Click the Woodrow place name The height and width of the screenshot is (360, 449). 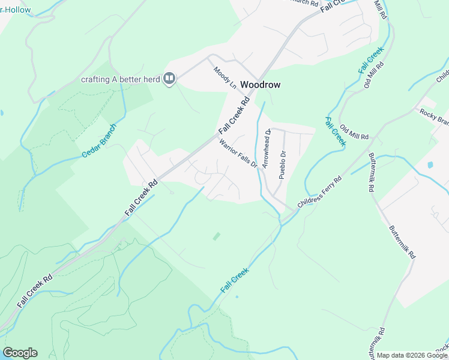click(260, 85)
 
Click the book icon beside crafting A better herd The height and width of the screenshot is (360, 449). click(170, 79)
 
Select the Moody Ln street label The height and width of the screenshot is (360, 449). click(225, 77)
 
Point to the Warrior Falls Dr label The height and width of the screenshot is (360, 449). click(238, 154)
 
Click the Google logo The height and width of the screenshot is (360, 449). click(20, 353)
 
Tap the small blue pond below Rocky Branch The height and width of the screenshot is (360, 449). click(430, 164)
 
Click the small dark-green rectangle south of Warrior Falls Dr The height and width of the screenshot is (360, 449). click(216, 236)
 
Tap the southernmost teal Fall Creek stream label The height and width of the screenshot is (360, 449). click(234, 280)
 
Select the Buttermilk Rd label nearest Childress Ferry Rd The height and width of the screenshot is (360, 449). click(372, 179)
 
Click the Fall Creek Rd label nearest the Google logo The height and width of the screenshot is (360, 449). click(35, 290)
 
